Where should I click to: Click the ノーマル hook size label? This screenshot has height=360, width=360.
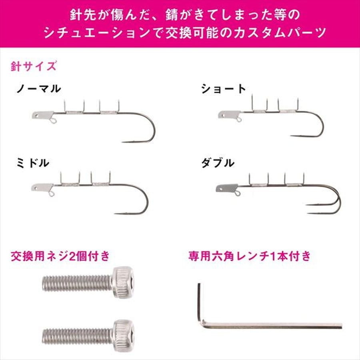[39, 89]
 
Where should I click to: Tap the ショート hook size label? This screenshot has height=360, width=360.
[224, 89]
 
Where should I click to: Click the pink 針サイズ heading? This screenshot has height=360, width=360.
[33, 66]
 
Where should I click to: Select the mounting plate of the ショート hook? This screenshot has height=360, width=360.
[228, 115]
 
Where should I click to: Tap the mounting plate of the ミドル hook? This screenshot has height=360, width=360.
[42, 187]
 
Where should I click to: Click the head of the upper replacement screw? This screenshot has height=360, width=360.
[123, 282]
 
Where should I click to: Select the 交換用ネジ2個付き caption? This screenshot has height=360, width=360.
[60, 256]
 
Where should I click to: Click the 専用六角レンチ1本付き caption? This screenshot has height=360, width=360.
[249, 256]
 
